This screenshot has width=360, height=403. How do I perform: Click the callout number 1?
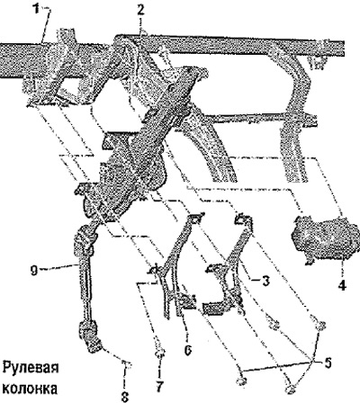coord(36,10)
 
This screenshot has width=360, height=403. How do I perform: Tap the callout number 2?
coord(140,11)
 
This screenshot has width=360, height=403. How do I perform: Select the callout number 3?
coord(265,281)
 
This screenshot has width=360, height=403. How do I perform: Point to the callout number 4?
coord(342,284)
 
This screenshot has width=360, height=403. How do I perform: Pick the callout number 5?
coord(327,363)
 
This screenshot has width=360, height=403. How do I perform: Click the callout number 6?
coord(188,350)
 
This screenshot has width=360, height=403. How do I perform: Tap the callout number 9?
coord(34,271)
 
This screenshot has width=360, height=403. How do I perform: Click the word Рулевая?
coord(31,368)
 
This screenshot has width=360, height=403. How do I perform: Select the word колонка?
coord(30,389)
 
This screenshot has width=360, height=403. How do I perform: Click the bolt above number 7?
coord(160,354)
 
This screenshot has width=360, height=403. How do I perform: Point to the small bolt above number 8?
coord(127,364)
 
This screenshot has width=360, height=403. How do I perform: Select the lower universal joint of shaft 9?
coord(90,336)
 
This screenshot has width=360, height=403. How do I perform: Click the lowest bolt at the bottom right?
coord(289,390)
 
